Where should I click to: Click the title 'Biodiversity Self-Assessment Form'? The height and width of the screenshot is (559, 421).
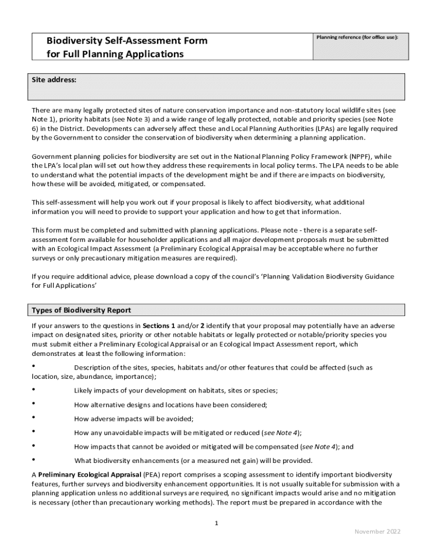pyautogui.click(x=127, y=41)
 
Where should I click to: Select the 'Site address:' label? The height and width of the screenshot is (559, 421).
pyautogui.click(x=54, y=80)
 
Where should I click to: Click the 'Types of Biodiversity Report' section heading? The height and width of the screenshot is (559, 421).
pyautogui.click(x=81, y=310)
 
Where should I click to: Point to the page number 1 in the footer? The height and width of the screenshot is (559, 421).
pyautogui.click(x=217, y=523)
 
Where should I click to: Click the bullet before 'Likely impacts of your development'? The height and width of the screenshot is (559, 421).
pyautogui.click(x=34, y=389)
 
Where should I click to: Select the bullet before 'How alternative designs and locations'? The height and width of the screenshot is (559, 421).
pyautogui.click(x=34, y=403)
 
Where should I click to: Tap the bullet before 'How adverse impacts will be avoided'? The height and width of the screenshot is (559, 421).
pyautogui.click(x=34, y=418)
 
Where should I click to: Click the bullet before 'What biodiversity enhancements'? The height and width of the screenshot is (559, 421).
pyautogui.click(x=34, y=460)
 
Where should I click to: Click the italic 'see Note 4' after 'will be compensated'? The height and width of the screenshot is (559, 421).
pyautogui.click(x=319, y=447)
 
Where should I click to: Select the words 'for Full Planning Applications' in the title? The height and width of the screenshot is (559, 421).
pyautogui.click(x=115, y=54)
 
